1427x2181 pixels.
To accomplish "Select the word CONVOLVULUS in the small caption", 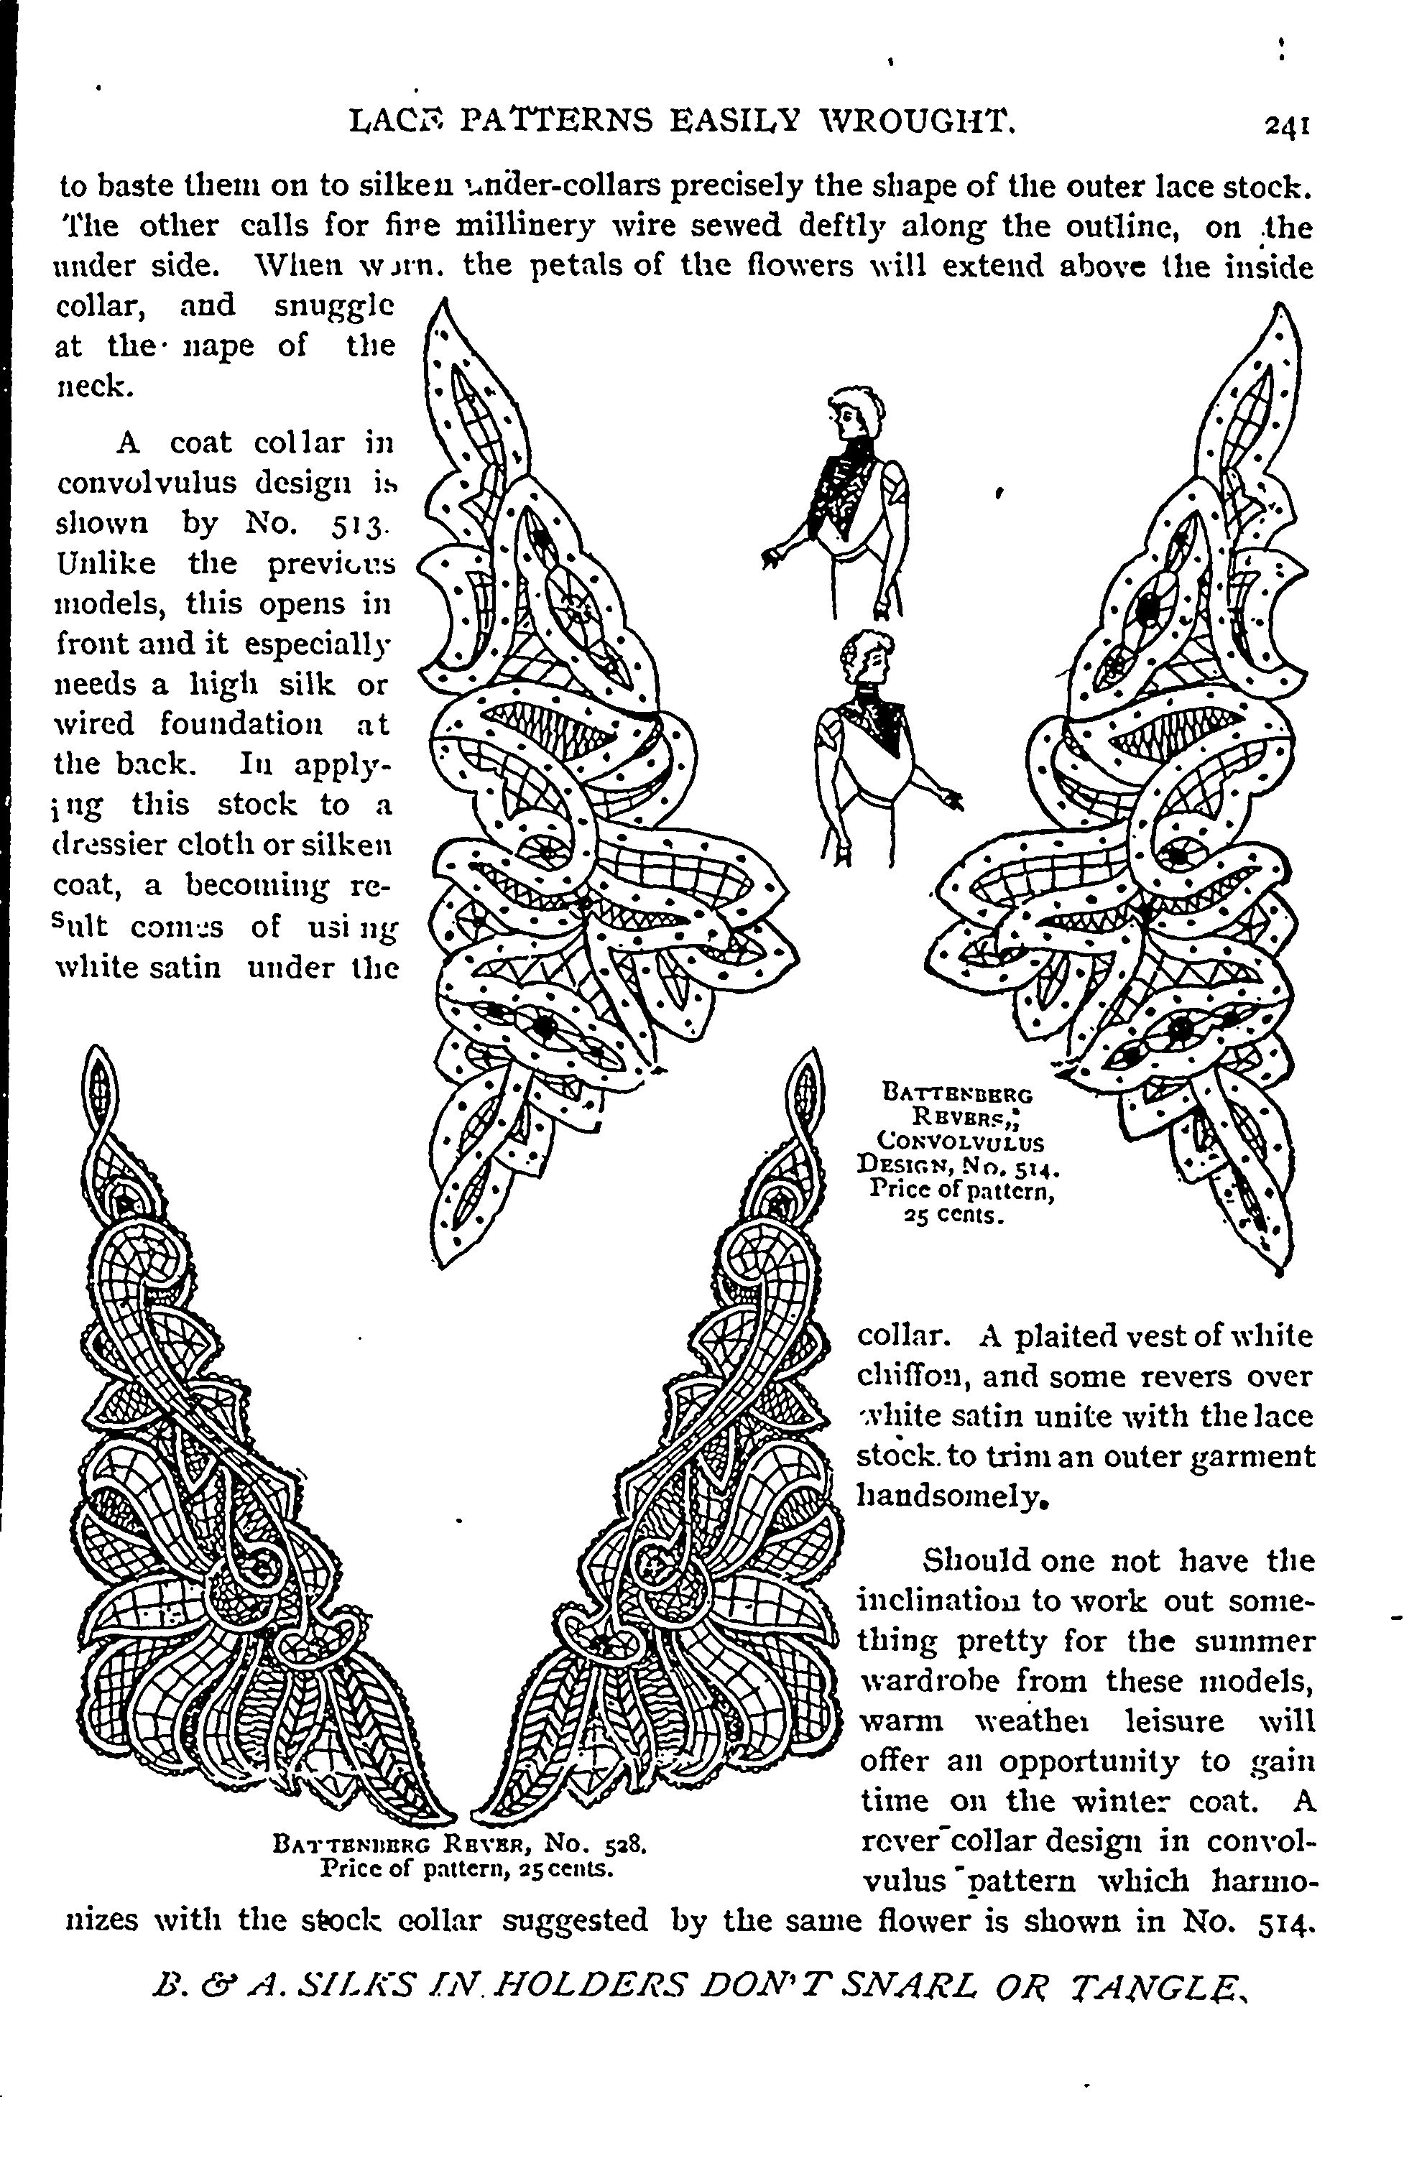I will pyautogui.click(x=961, y=1143).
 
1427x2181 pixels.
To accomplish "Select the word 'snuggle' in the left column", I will pyautogui.click(x=335, y=306).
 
